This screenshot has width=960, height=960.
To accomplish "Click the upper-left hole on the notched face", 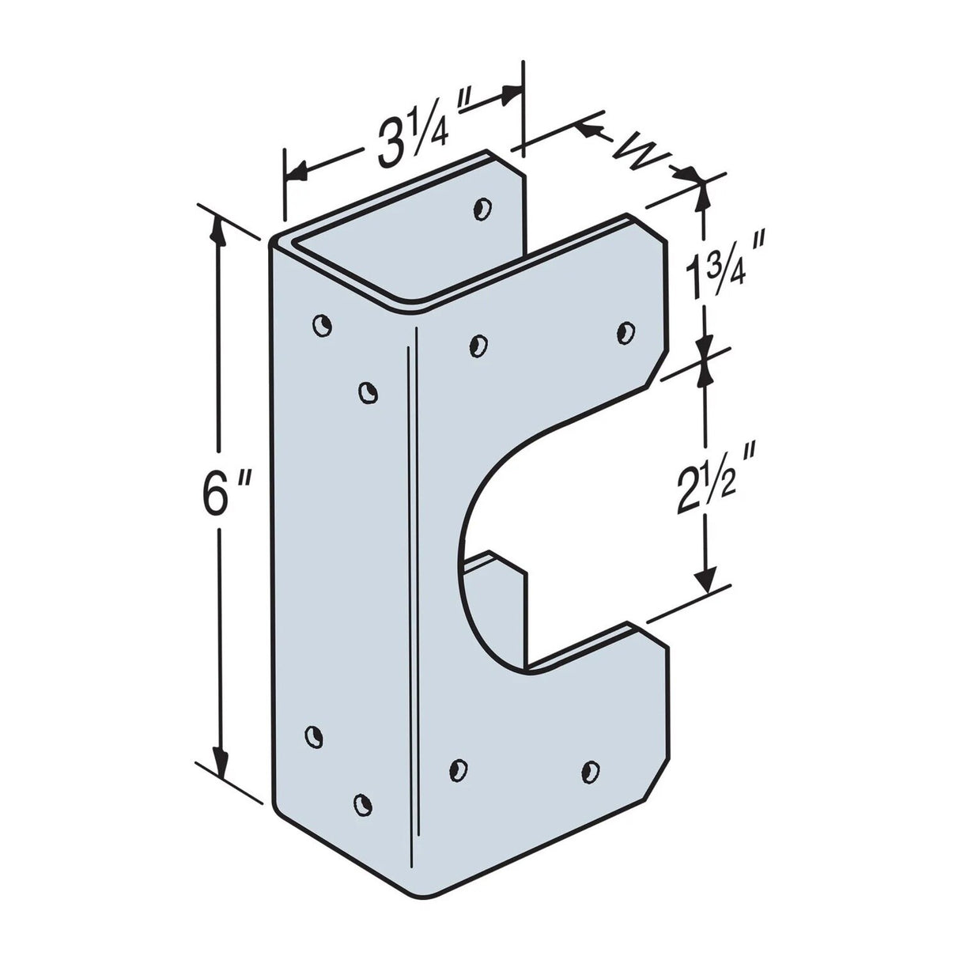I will [478, 344].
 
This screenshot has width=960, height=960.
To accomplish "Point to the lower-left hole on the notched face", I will [457, 766].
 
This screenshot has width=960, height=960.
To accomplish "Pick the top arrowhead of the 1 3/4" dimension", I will [700, 192].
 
